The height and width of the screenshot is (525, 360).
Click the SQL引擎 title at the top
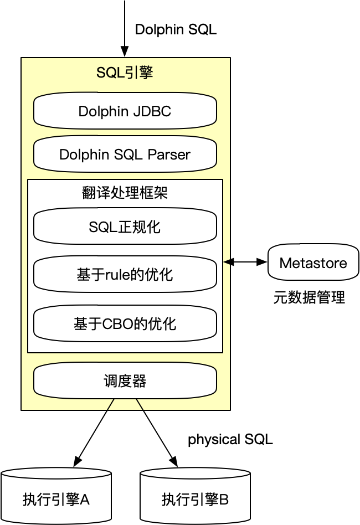pos(125,73)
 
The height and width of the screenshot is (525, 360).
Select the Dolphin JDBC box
pos(125,111)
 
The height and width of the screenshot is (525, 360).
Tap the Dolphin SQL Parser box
pos(125,155)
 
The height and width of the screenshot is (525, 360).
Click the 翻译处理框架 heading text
pos(125,193)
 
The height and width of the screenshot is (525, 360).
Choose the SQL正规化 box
pos(125,227)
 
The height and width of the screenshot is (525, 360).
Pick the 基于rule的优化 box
pos(125,275)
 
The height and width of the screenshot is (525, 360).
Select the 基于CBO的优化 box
pos(125,323)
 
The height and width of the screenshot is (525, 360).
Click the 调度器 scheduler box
pos(125,381)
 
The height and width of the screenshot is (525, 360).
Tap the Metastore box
pos(313,262)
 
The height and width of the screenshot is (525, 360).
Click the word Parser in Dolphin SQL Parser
pos(169,155)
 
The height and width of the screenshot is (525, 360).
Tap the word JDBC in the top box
pos(152,111)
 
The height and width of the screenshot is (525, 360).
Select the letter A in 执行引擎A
pos(85,500)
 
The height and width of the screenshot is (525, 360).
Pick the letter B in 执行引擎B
pos(224,500)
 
